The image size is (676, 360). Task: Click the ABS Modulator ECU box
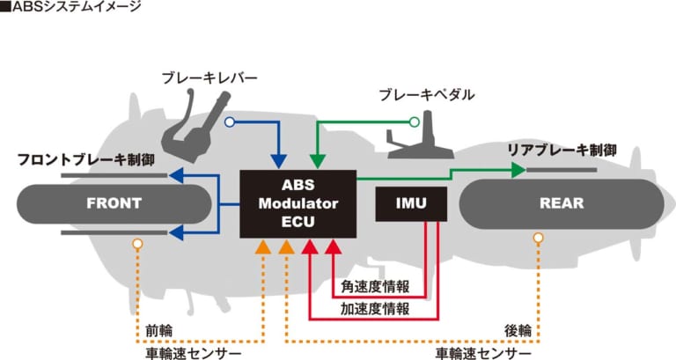(x=298, y=203)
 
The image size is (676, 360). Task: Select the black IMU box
(x=410, y=203)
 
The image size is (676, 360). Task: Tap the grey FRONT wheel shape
(x=114, y=203)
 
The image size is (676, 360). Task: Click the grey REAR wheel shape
(x=561, y=203)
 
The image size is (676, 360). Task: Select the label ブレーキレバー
(x=209, y=78)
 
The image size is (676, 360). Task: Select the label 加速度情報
(x=375, y=309)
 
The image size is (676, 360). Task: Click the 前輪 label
(x=159, y=331)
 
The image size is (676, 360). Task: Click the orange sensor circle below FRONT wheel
(x=136, y=243)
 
